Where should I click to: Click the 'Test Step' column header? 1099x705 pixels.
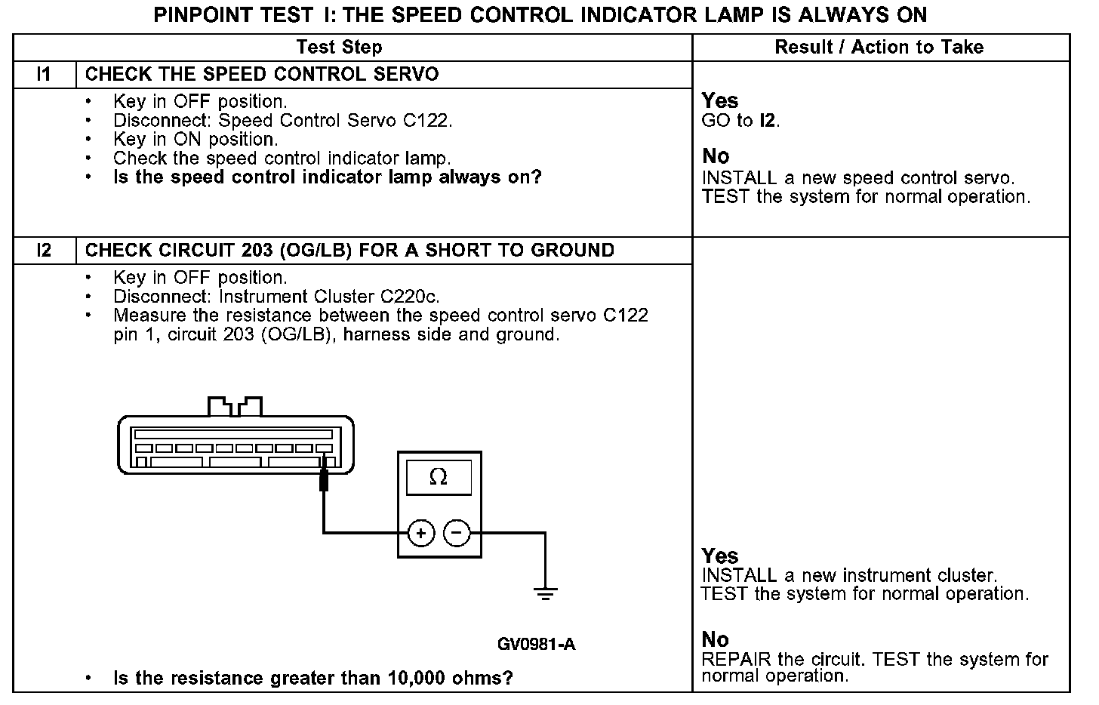click(339, 47)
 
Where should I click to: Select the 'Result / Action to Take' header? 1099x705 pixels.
click(879, 47)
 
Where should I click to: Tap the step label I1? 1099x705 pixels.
click(44, 74)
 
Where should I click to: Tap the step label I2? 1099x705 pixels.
click(44, 250)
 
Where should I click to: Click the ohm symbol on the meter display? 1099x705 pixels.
click(438, 477)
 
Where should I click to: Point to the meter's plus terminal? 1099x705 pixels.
click(420, 533)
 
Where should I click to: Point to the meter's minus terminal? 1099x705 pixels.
click(456, 533)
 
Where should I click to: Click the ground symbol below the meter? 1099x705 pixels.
click(545, 593)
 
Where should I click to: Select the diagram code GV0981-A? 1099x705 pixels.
click(536, 644)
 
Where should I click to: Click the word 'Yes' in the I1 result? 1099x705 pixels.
click(720, 100)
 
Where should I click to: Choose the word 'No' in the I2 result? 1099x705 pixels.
click(715, 639)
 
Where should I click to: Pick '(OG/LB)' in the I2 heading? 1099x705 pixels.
click(315, 250)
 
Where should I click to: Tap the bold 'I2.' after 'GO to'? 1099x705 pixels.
click(770, 120)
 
